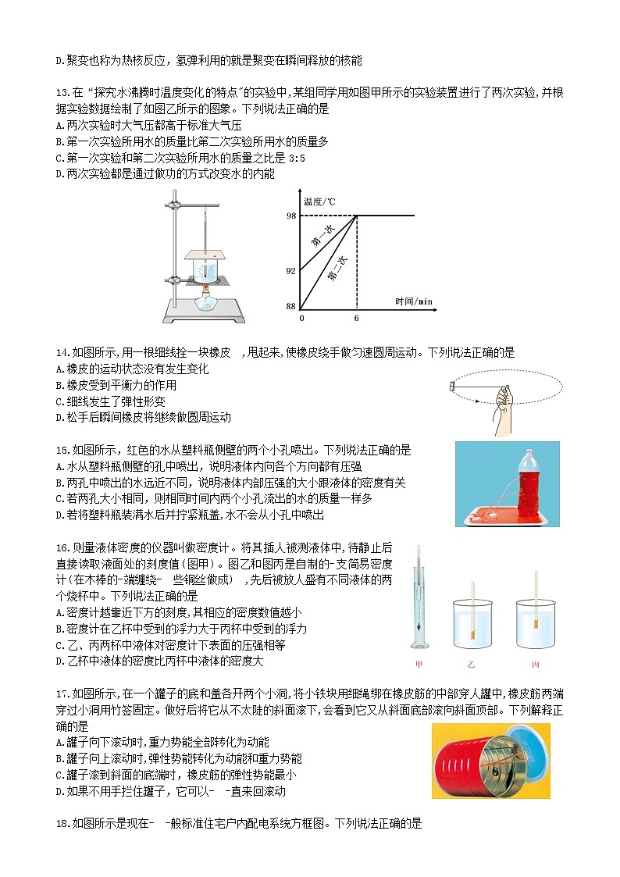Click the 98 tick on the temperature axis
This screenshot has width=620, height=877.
coord(291,216)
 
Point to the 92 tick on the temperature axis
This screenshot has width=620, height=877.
coord(291,270)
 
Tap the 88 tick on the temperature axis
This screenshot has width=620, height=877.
coord(291,306)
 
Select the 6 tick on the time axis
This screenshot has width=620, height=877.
coord(357,319)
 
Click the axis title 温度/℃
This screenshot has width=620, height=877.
coord(320,201)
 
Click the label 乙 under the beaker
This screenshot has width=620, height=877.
coord(471,665)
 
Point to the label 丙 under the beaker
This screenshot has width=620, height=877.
coord(535,665)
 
